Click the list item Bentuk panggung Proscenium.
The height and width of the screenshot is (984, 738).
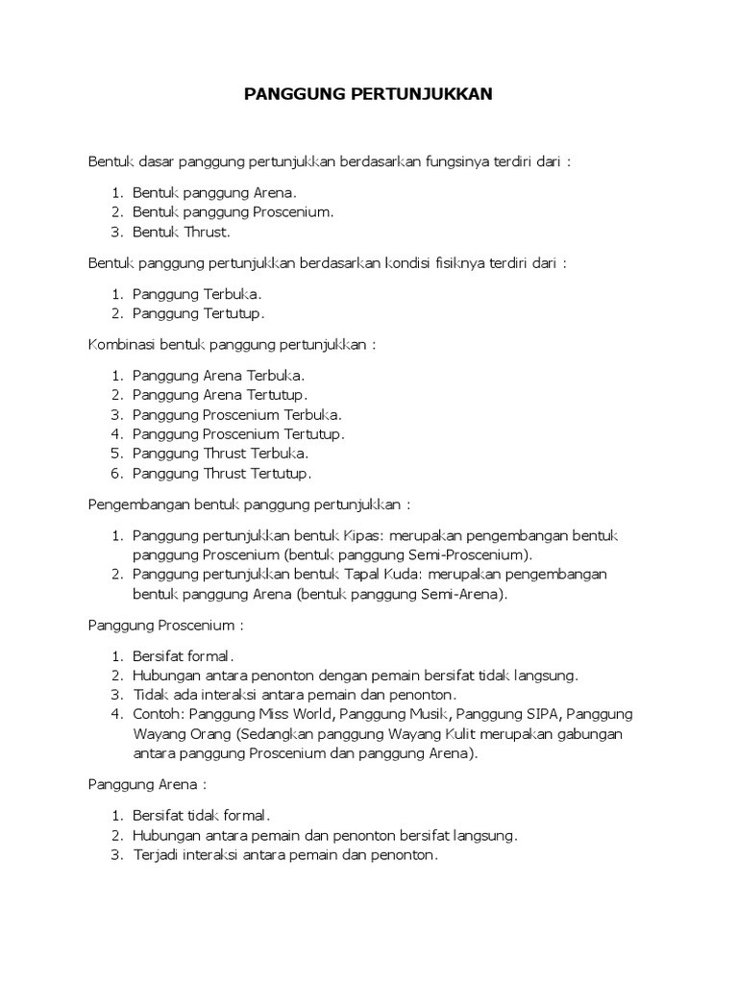(233, 211)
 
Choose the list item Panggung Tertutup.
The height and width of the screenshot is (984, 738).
(197, 313)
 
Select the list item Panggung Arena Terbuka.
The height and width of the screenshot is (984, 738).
(218, 375)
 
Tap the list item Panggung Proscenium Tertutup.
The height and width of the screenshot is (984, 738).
(237, 433)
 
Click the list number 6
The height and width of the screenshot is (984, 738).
(116, 474)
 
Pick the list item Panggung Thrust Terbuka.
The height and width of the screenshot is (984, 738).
(220, 454)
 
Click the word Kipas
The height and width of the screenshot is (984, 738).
(363, 534)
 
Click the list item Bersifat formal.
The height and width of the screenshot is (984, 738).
(183, 655)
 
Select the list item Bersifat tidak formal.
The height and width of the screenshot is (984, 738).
(201, 815)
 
